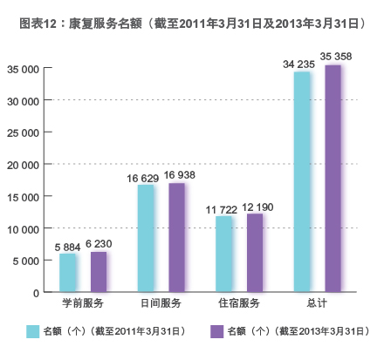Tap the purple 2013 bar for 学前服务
point(99,271)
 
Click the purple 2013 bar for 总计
point(333,178)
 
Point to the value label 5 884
point(66,247)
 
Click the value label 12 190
point(258,207)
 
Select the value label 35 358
point(337,58)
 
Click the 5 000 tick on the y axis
point(25,261)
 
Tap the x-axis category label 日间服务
point(161,303)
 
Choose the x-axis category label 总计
point(317,303)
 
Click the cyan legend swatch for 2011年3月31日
point(33,331)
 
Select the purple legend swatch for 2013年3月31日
point(216,331)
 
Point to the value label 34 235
point(298,64)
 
